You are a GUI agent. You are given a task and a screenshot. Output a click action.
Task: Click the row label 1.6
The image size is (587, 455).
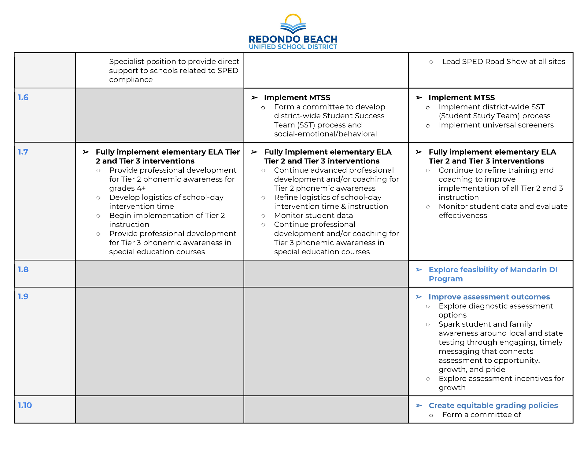(x=23, y=97)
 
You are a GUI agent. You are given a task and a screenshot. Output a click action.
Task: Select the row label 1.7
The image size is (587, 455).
(x=23, y=152)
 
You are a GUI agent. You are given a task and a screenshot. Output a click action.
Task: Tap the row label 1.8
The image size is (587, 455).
(x=23, y=270)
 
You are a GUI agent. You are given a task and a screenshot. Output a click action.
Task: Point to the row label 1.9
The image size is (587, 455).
(x=23, y=297)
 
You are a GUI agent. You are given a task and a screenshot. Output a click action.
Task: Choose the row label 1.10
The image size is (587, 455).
(x=25, y=405)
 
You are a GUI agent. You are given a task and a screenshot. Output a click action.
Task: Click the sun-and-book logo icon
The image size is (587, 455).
(x=293, y=24)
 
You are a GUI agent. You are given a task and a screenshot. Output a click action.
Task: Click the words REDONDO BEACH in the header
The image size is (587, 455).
(x=293, y=39)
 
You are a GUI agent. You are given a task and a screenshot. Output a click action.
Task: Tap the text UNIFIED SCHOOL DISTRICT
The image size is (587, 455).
(x=293, y=47)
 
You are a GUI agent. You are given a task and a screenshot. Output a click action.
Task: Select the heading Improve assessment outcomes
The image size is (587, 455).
(x=489, y=297)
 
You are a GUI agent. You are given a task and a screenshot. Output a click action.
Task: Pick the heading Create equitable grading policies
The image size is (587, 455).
(x=493, y=405)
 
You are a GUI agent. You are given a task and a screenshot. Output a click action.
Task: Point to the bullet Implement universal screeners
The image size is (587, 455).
(x=496, y=125)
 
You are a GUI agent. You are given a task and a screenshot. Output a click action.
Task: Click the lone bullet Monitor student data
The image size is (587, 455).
(x=313, y=216)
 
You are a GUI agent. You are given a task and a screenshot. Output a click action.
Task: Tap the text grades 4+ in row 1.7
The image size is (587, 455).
(x=127, y=189)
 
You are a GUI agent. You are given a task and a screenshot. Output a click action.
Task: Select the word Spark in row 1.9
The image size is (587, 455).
(x=449, y=324)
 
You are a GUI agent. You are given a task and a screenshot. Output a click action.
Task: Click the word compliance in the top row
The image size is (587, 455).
(x=131, y=80)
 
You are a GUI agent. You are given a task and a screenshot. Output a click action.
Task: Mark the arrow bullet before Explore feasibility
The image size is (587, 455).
(x=419, y=270)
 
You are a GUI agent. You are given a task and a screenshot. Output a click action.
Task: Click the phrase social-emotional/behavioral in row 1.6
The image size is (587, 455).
(x=325, y=134)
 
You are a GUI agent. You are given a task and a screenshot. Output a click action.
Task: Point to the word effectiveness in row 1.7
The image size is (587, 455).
(x=463, y=216)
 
